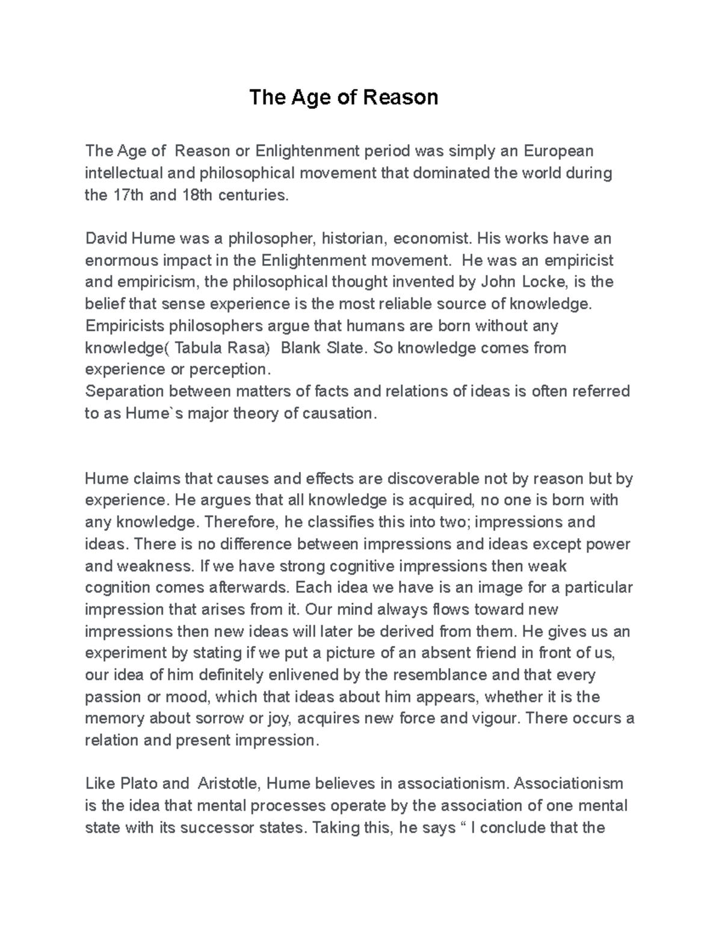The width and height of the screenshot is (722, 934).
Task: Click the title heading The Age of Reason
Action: pyautogui.click(x=344, y=97)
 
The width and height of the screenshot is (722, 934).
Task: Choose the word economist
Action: pyautogui.click(x=430, y=239)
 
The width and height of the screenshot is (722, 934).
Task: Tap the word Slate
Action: pyautogui.click(x=344, y=348)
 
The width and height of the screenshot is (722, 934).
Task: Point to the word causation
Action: pyautogui.click(x=341, y=414)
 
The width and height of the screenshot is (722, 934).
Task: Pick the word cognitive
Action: pyautogui.click(x=363, y=566)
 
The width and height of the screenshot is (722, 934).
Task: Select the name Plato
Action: pyautogui.click(x=140, y=784)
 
